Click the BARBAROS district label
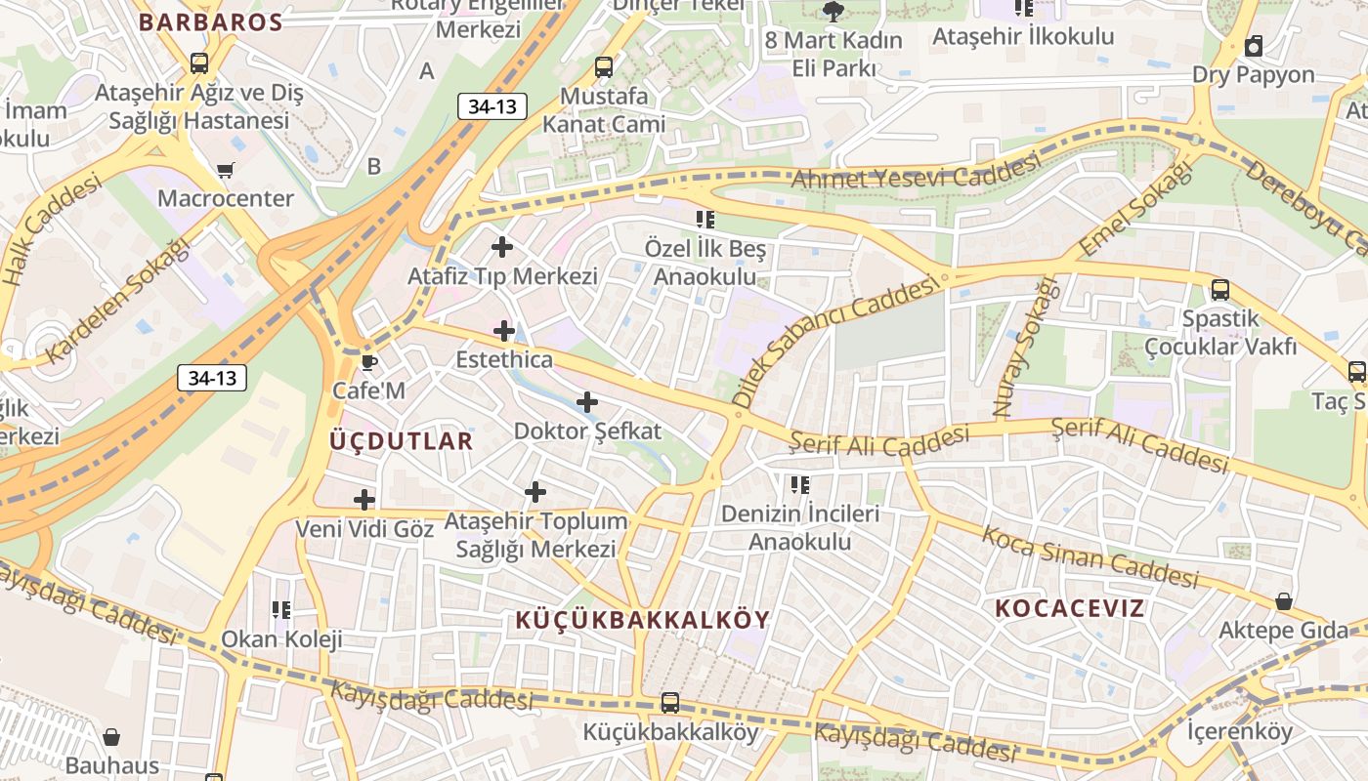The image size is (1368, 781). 210,22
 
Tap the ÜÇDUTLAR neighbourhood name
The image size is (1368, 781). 401,440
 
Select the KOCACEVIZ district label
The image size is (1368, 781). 1069,608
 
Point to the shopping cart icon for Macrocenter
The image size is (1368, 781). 226,171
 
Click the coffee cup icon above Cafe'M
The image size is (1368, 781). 368,363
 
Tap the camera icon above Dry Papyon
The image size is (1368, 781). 1254,45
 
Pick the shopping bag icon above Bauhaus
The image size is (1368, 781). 111,737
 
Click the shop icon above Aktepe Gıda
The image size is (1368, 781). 1283,601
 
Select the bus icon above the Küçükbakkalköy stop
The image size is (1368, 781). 669,703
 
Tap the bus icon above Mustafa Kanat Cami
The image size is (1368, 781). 604,67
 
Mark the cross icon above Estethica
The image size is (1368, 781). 504,331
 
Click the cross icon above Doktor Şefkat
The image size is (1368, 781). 587,402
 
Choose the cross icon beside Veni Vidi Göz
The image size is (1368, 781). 364,500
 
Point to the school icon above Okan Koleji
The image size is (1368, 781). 281,611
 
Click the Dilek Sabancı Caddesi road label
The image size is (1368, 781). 834,344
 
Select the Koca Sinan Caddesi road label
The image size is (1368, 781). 1090,556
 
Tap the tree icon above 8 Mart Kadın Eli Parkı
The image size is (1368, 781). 833,12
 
